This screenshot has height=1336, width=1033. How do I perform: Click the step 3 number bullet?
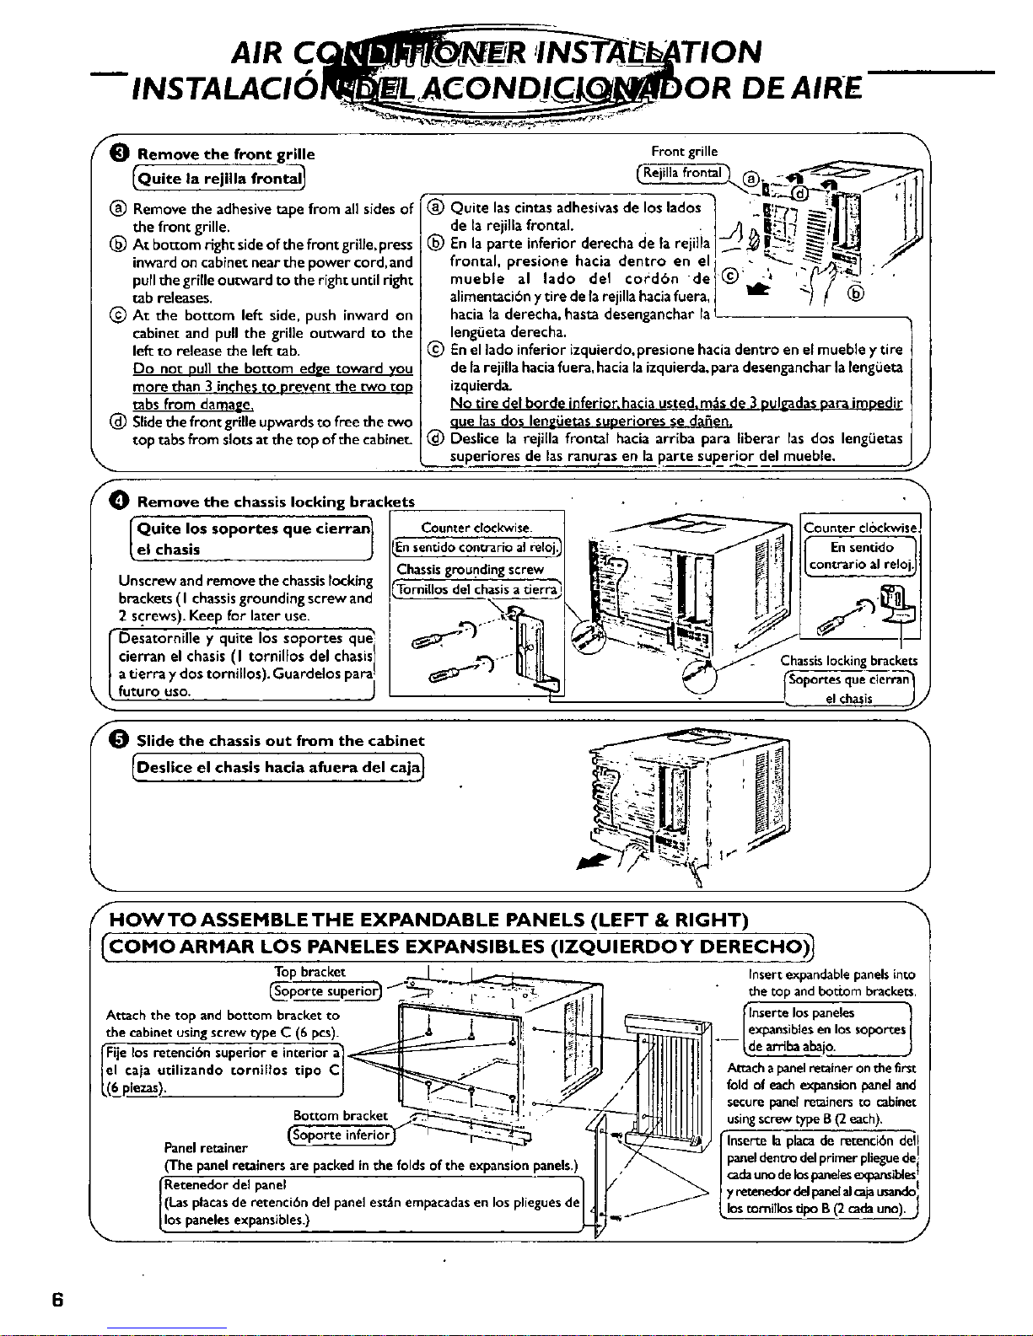click(x=120, y=153)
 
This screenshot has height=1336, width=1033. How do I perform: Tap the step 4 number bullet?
click(x=120, y=502)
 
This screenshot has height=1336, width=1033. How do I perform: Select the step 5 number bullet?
click(x=120, y=741)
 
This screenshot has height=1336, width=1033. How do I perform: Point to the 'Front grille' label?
click(x=684, y=152)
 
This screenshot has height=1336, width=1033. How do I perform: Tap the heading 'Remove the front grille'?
click(x=226, y=154)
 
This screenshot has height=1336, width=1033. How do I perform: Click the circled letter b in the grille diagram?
click(x=857, y=293)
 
